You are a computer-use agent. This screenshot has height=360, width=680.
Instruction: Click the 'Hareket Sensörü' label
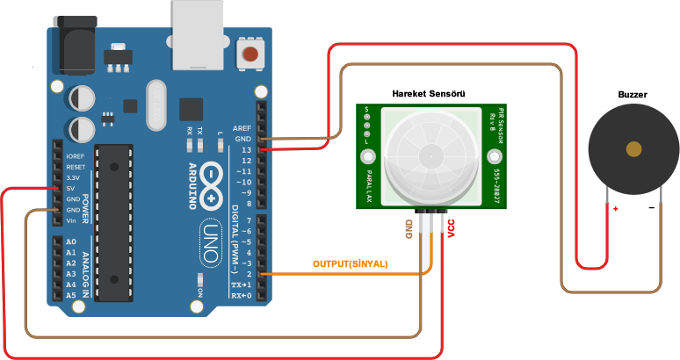coord(428,93)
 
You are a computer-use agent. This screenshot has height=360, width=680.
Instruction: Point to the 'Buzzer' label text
coord(633,93)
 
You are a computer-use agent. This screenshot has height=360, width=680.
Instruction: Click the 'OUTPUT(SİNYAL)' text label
coord(351,263)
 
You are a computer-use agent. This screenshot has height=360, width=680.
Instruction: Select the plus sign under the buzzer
coord(616,209)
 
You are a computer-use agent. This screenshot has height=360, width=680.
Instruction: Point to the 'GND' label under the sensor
coord(409,230)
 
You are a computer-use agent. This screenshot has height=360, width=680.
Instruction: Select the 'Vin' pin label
coord(72,220)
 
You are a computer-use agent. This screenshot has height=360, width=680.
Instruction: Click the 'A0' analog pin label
coord(71,241)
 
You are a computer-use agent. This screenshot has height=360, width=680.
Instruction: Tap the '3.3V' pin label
coord(74,177)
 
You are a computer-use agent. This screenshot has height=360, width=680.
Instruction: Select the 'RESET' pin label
coord(76,167)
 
